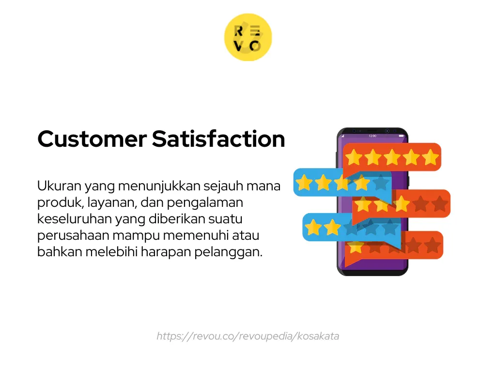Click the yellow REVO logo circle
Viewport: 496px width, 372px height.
[x=248, y=38]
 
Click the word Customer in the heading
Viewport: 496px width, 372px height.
[x=92, y=139]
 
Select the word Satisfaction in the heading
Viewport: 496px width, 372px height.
[x=218, y=139]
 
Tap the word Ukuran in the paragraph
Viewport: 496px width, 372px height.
[x=59, y=186]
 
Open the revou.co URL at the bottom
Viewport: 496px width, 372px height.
[x=248, y=336]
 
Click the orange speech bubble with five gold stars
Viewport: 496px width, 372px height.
[x=392, y=157]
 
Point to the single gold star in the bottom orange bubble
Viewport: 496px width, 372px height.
[x=356, y=246]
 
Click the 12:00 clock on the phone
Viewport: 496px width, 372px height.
[x=372, y=136]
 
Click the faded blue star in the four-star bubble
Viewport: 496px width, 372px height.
[x=381, y=183]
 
